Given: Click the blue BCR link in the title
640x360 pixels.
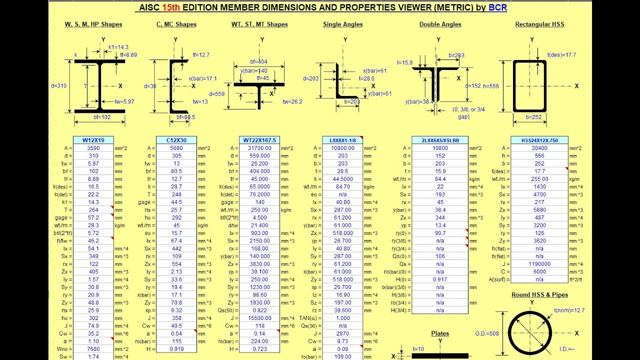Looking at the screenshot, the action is (497, 7).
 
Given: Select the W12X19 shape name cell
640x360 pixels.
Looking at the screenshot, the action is (93, 140).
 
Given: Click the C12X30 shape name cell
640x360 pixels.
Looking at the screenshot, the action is (176, 140).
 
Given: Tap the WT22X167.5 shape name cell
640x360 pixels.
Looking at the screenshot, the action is (259, 140).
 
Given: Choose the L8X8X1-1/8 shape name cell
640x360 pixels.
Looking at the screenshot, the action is (342, 140).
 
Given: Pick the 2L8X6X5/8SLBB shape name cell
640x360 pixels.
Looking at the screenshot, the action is (440, 140).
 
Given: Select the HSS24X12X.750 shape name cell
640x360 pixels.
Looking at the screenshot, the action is (539, 140).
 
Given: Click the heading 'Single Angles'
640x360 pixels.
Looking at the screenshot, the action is (343, 24).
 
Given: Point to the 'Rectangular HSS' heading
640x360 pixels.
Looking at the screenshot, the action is (539, 24).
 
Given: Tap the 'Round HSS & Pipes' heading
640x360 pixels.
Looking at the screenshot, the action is (539, 295).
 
